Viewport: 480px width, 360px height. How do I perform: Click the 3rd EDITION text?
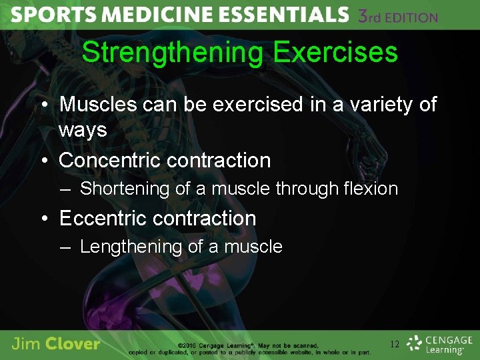[398, 17]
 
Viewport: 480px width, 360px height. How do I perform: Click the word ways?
[83, 130]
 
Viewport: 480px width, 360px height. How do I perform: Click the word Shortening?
[125, 189]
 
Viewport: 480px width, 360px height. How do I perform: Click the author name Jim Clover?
[56, 344]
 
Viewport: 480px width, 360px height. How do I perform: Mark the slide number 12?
[395, 345]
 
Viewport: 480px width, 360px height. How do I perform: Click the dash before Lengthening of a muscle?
[65, 247]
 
